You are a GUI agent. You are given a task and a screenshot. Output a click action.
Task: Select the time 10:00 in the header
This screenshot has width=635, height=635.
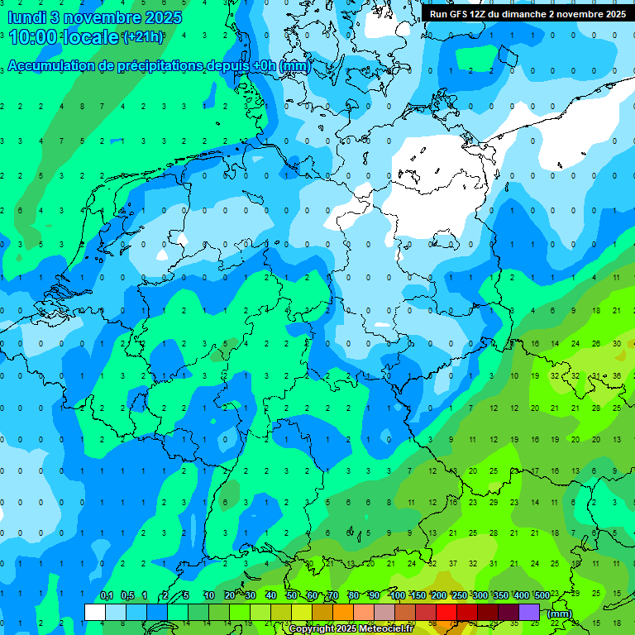[36, 37]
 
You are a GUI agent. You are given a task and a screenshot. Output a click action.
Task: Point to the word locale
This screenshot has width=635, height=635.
[93, 37]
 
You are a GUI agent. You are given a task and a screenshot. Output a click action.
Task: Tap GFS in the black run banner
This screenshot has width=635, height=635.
[460, 14]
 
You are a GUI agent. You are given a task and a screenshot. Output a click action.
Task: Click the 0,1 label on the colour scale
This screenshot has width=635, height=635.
[106, 596]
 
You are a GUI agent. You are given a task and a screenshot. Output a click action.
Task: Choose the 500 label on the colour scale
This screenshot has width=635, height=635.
[542, 596]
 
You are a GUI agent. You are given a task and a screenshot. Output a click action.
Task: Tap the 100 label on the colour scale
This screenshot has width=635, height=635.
[397, 596]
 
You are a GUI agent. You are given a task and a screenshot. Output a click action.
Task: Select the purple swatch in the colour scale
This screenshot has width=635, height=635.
[529, 612]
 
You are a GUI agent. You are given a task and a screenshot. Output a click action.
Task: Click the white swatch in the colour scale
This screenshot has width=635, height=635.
[95, 612]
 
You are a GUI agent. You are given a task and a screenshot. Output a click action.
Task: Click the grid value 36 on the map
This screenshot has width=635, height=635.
[616, 376]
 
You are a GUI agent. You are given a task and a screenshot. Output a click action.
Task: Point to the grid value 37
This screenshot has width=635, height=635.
[452, 564]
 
